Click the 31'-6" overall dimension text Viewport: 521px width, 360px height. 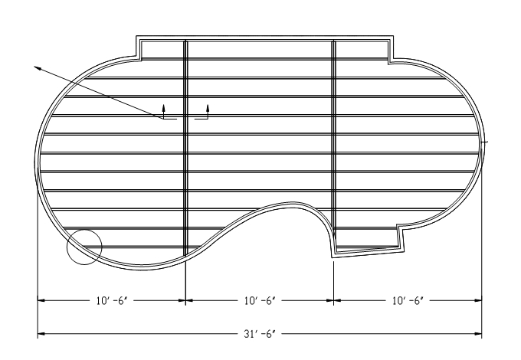[x=260, y=333]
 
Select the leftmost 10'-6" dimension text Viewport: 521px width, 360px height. [x=112, y=300]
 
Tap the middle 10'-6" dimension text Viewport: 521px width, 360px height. [x=260, y=300]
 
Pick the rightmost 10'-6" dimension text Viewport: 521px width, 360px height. [x=408, y=300]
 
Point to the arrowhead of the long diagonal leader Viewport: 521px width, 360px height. [x=38, y=68]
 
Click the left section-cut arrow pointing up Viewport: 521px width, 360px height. [x=163, y=111]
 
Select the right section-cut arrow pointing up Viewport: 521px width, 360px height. [x=208, y=111]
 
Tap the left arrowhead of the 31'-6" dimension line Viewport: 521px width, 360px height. [x=41, y=333]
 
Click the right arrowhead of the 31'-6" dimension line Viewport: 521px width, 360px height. [x=478, y=333]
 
